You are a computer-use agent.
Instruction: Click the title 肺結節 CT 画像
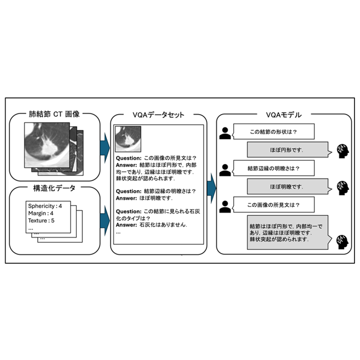click(x=53, y=115)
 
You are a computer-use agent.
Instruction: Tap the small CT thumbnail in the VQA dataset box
click(x=128, y=139)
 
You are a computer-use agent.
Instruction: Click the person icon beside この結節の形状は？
click(x=224, y=133)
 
